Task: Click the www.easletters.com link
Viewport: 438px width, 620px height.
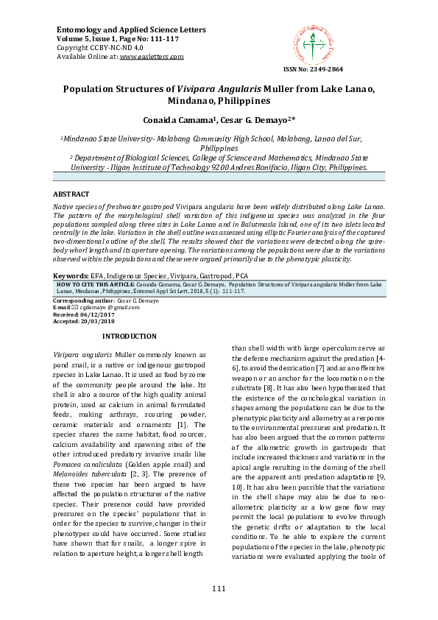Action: [152, 56]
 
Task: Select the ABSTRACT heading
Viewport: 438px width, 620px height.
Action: [70, 194]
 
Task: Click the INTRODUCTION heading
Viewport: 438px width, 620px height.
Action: [130, 336]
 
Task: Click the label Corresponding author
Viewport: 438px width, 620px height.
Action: [74, 301]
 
